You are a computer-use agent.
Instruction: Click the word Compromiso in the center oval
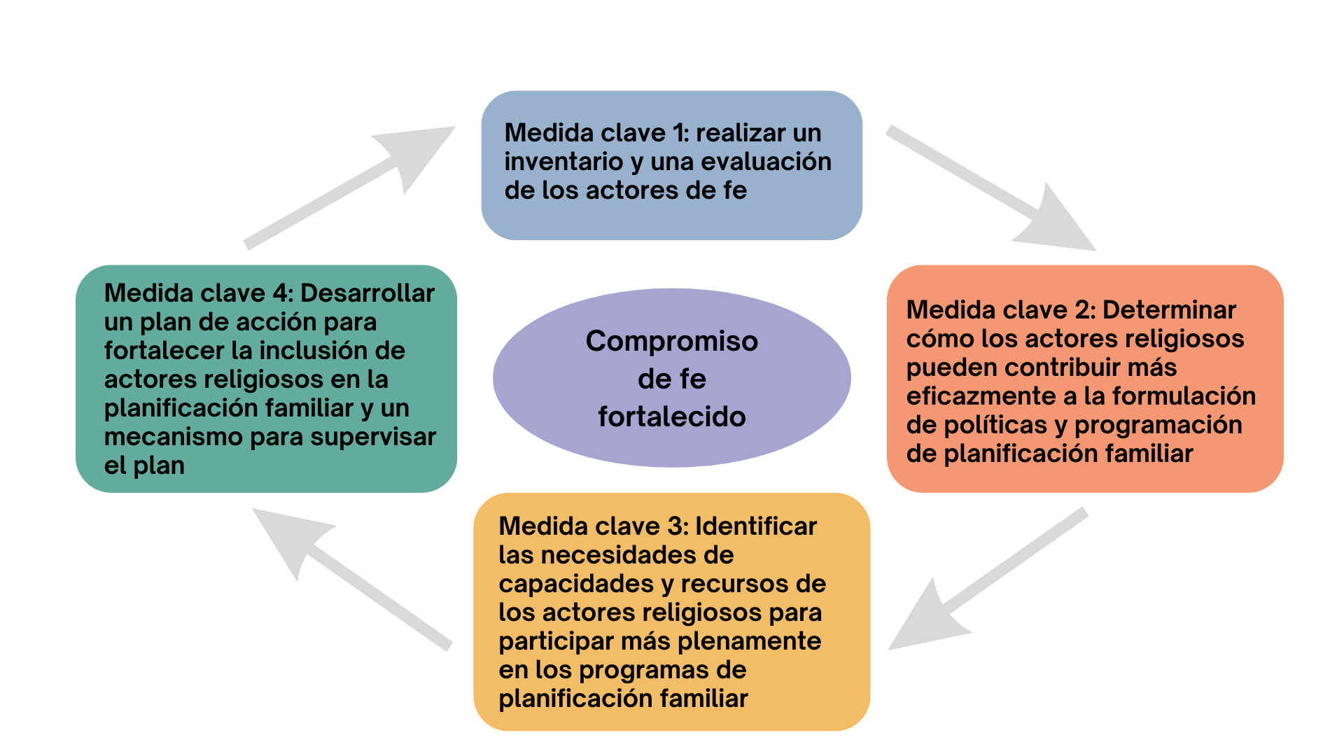[671, 342]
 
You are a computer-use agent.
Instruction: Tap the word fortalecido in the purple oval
[671, 417]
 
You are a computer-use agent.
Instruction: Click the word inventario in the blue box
[563, 162]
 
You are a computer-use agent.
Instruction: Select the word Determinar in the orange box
[1169, 310]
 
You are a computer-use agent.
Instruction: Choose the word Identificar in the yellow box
[756, 526]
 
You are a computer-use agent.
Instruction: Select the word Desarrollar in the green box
[367, 293]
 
